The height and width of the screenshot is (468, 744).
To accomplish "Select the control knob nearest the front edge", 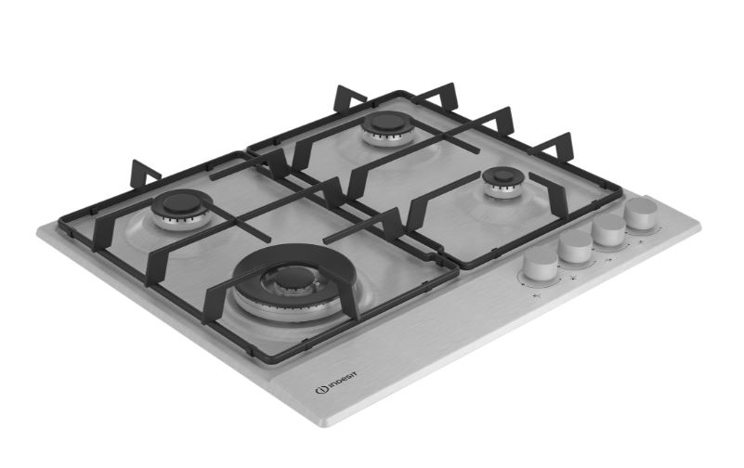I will [539, 267].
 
